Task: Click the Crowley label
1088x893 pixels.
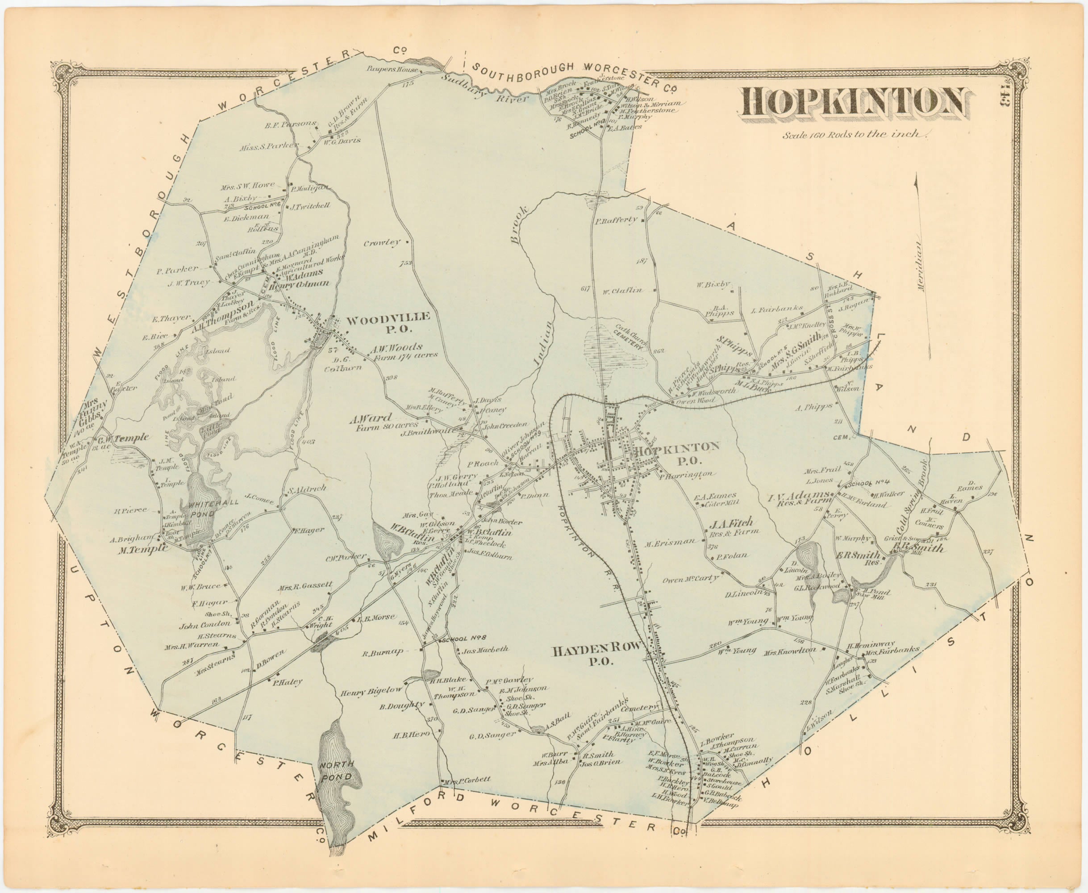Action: click(381, 243)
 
